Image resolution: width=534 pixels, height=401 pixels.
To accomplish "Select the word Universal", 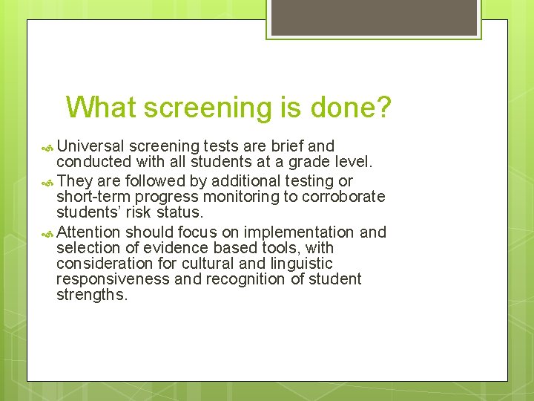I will (91, 146).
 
